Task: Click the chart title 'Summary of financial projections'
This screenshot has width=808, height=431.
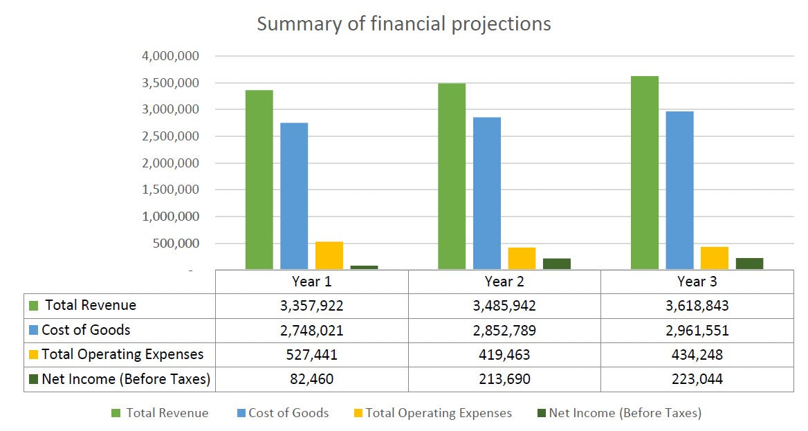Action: (403, 24)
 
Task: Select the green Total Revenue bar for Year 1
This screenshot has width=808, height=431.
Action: (259, 179)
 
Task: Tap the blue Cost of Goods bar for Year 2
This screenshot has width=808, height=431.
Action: (486, 193)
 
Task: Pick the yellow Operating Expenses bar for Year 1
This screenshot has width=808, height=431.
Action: (329, 255)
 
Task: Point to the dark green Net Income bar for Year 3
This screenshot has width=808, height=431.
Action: (749, 264)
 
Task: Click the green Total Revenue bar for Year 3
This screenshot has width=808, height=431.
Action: (645, 172)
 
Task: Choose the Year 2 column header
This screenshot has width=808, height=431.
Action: (504, 282)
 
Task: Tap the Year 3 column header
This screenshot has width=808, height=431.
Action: (697, 282)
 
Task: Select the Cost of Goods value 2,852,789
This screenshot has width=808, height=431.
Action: (504, 331)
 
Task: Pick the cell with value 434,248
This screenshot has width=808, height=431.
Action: (697, 355)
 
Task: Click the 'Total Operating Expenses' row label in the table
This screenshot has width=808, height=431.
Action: (122, 355)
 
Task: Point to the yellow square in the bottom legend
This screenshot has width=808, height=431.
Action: (358, 413)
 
